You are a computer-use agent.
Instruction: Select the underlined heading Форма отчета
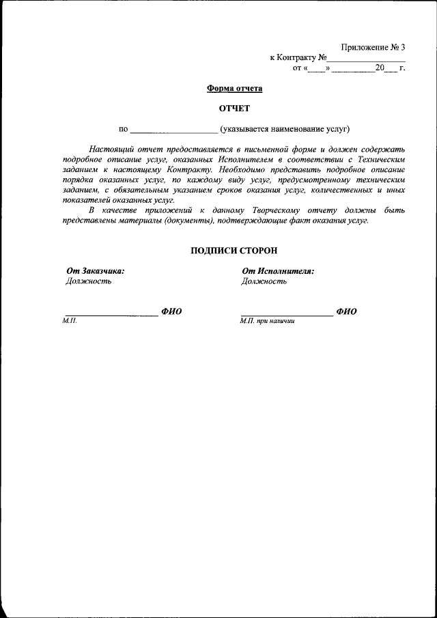point(234,89)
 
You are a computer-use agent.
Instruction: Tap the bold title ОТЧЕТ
point(234,109)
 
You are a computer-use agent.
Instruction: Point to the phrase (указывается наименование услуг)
point(285,128)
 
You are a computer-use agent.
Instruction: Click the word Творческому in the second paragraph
point(277,211)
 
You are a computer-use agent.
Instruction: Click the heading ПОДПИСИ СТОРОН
point(234,251)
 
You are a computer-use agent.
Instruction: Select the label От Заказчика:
point(95,271)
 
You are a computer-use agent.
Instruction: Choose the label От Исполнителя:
point(277,271)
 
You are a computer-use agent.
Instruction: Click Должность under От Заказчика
point(88,281)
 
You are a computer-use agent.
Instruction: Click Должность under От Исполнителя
point(264,281)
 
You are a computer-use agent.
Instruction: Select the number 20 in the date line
point(380,68)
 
